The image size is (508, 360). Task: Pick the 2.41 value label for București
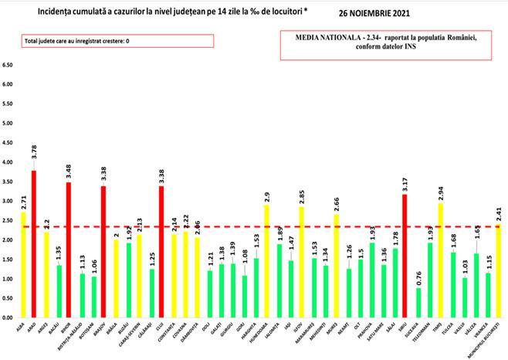(x=499, y=210)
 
